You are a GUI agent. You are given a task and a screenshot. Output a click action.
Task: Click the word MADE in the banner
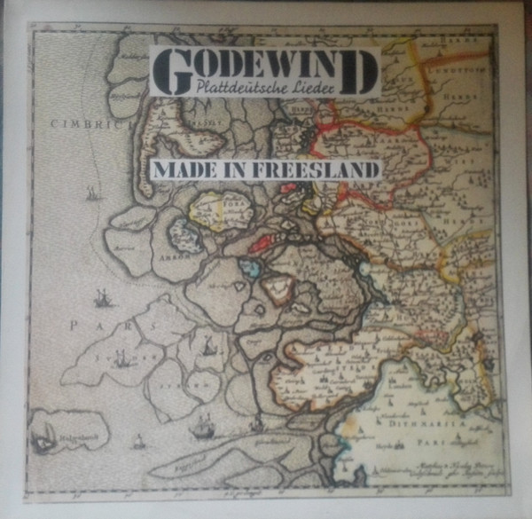(188, 169)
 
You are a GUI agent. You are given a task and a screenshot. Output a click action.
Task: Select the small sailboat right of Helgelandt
(137, 439)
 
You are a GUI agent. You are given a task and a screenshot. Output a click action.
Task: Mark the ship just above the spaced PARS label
(104, 298)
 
